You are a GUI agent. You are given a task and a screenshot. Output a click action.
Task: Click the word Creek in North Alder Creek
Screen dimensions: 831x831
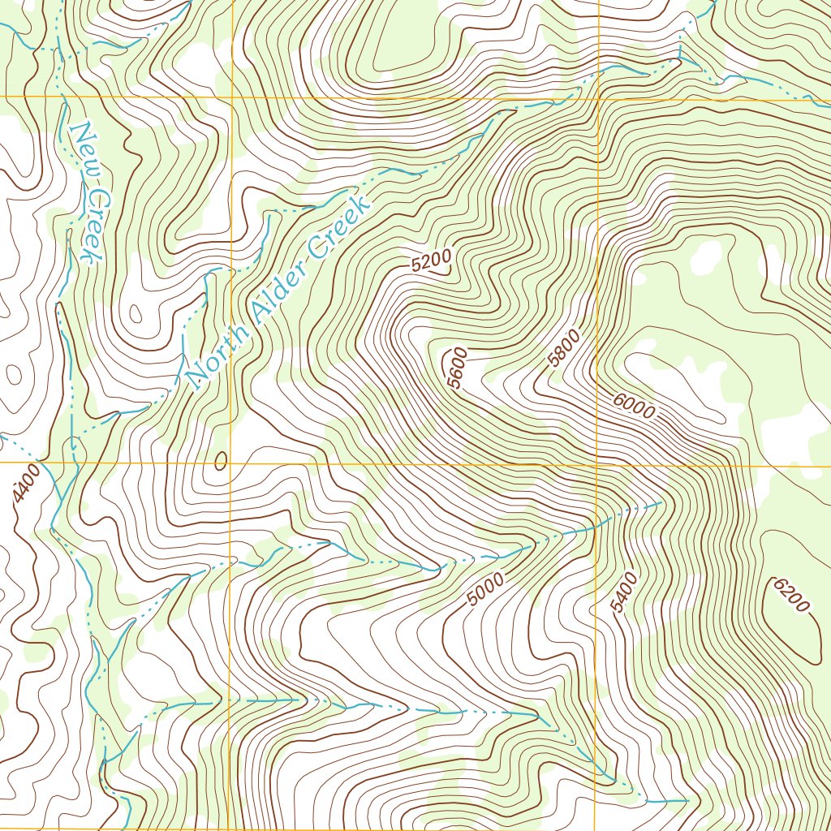pyautogui.click(x=341, y=222)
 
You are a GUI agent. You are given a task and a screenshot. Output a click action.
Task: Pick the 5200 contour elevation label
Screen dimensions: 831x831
pyautogui.click(x=431, y=260)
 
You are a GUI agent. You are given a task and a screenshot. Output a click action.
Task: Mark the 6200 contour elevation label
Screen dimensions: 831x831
pyautogui.click(x=791, y=595)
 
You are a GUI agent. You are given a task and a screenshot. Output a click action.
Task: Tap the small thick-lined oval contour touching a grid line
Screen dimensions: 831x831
pyautogui.click(x=221, y=460)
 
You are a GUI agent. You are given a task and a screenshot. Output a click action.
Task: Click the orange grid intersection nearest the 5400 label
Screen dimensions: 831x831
pyautogui.click(x=599, y=465)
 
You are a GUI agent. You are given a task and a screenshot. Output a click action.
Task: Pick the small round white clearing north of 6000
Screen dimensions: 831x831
pyautogui.click(x=706, y=257)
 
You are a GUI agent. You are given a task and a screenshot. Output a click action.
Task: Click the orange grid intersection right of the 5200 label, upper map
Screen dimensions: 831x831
pyautogui.click(x=599, y=98)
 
